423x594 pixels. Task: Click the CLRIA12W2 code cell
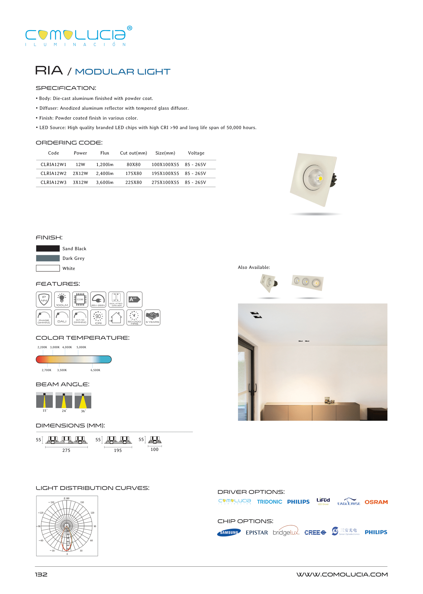[x=53, y=174]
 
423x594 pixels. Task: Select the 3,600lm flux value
[x=105, y=182]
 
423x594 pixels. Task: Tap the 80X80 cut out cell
[x=133, y=165]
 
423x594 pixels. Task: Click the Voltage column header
[x=196, y=153]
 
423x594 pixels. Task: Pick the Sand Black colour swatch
[x=48, y=248]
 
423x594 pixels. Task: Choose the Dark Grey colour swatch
[x=48, y=258]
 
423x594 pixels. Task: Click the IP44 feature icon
[x=44, y=299]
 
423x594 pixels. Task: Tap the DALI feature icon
[x=62, y=317]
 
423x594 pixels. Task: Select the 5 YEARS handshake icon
[x=152, y=317]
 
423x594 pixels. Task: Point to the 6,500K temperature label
[x=95, y=370]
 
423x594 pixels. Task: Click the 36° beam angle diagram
[x=83, y=401]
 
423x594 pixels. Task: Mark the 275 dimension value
[x=66, y=450]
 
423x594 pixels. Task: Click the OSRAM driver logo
[x=376, y=502]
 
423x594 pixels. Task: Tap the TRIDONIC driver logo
[x=269, y=502]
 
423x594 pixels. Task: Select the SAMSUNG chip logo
[x=229, y=533]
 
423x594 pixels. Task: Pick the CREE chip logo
[x=315, y=533]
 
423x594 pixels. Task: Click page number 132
[x=41, y=574]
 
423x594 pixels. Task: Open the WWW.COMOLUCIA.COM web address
[x=342, y=574]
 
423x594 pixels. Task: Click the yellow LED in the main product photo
[x=320, y=178]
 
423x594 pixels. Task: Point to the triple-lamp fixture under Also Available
[x=308, y=282]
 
